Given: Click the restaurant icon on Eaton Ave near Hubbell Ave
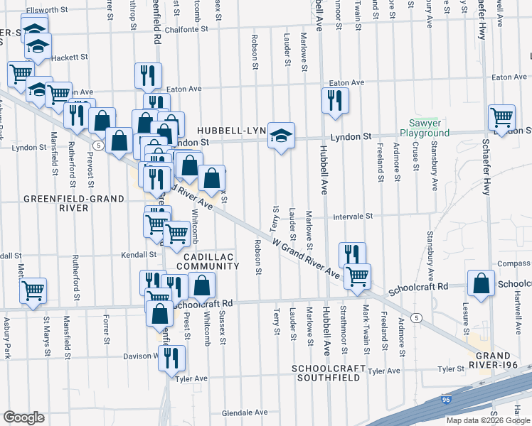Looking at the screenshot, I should point(334,101).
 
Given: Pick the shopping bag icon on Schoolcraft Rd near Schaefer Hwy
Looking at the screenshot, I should point(482,283).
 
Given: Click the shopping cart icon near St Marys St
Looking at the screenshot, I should point(33,290).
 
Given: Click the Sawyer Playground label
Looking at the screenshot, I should point(424,128).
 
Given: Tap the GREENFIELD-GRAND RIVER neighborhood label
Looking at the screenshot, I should point(55,203).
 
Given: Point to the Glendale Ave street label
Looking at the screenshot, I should point(244,413).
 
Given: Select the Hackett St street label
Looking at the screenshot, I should point(69,57).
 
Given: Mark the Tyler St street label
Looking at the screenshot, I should point(450,369).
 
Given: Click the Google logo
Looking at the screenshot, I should point(24,417).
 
